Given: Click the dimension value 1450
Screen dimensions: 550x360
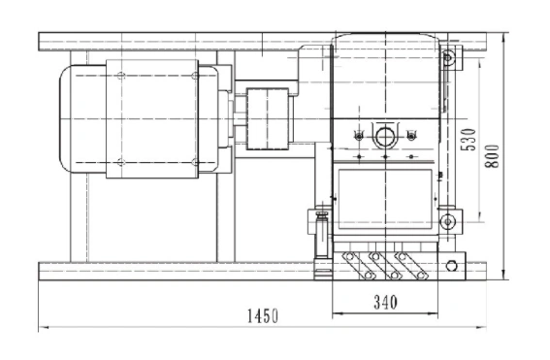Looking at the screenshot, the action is [x=263, y=315].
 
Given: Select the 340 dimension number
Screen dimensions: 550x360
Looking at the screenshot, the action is [x=385, y=302].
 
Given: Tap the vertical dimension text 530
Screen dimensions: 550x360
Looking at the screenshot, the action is [x=469, y=140].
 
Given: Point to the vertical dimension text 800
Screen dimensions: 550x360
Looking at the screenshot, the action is [x=492, y=156].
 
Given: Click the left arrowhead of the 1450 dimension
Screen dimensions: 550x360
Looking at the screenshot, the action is [x=43, y=327].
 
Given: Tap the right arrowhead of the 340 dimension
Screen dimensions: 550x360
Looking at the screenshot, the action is [x=434, y=313].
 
